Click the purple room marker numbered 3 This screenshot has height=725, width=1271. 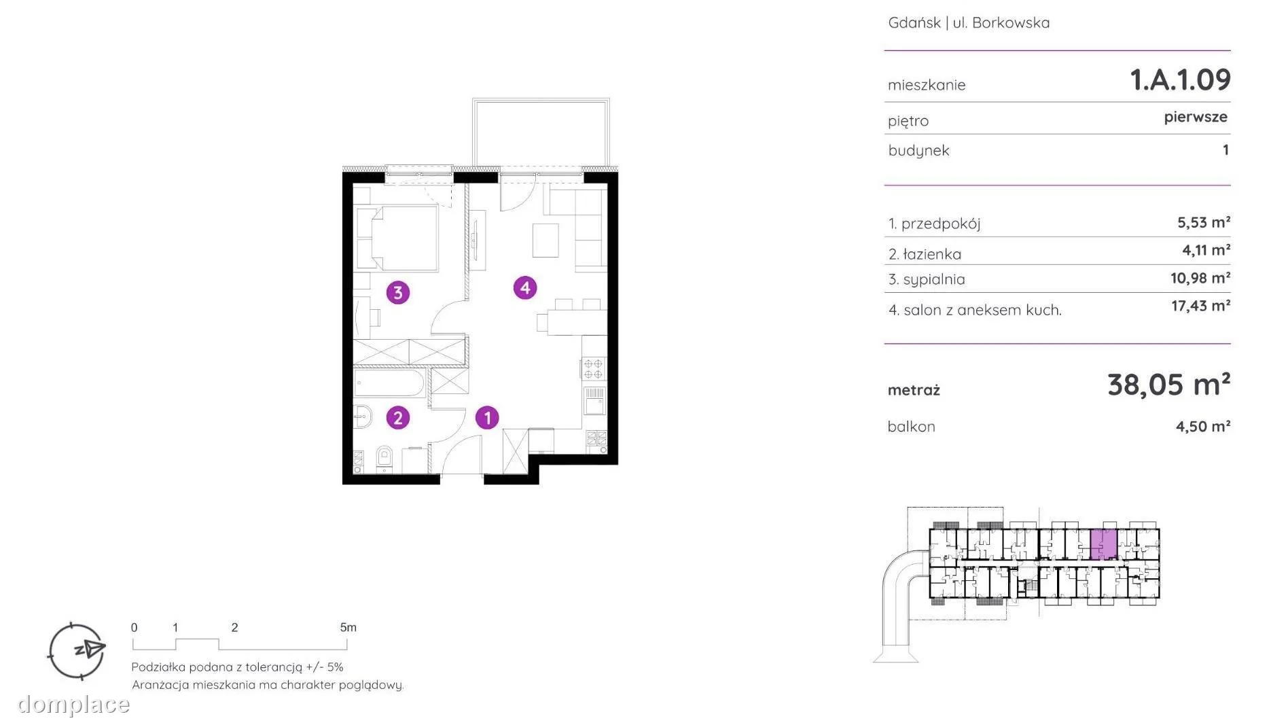[x=398, y=293]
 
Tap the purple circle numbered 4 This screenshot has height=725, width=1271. [x=525, y=288]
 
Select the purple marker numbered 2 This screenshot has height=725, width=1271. [x=398, y=417]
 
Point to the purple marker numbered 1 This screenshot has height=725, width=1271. [x=487, y=417]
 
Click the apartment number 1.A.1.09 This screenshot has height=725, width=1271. [x=1180, y=79]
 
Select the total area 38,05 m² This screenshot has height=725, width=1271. [x=1168, y=385]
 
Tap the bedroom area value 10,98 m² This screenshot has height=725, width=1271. [x=1200, y=278]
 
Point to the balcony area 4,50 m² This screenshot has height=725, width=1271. [x=1203, y=426]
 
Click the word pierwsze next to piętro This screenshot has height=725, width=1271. [x=1196, y=117]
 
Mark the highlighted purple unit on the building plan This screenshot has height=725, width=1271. [x=1104, y=544]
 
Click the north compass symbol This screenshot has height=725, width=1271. [x=77, y=651]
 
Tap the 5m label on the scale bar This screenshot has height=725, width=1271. [x=348, y=627]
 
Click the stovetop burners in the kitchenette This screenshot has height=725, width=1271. [x=593, y=368]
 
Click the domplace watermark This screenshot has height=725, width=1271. [x=73, y=705]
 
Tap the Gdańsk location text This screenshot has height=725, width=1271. [x=914, y=22]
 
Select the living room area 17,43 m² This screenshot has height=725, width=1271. [x=1200, y=306]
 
